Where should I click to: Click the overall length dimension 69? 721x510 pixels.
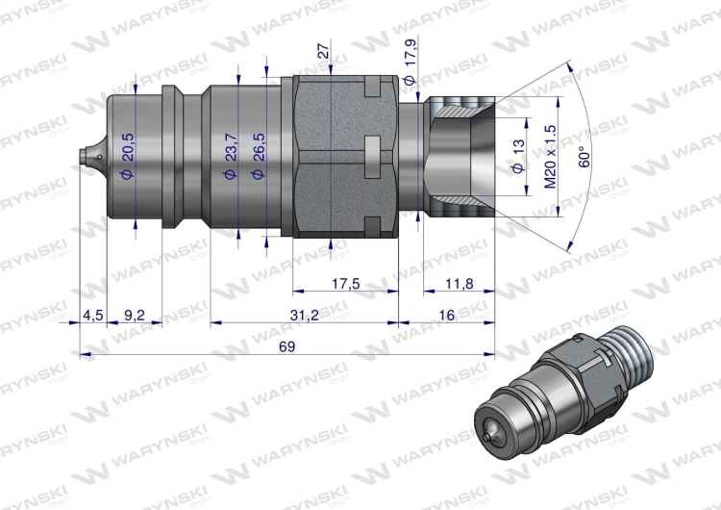tap(286, 345)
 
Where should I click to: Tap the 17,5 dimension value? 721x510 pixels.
tap(343, 285)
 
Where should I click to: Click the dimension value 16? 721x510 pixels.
tap(446, 316)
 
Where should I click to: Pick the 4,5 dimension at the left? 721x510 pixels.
tap(92, 316)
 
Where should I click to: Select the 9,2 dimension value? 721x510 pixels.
tap(134, 316)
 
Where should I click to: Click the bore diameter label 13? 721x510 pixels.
tap(518, 155)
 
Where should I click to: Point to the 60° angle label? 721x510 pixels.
tap(583, 155)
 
